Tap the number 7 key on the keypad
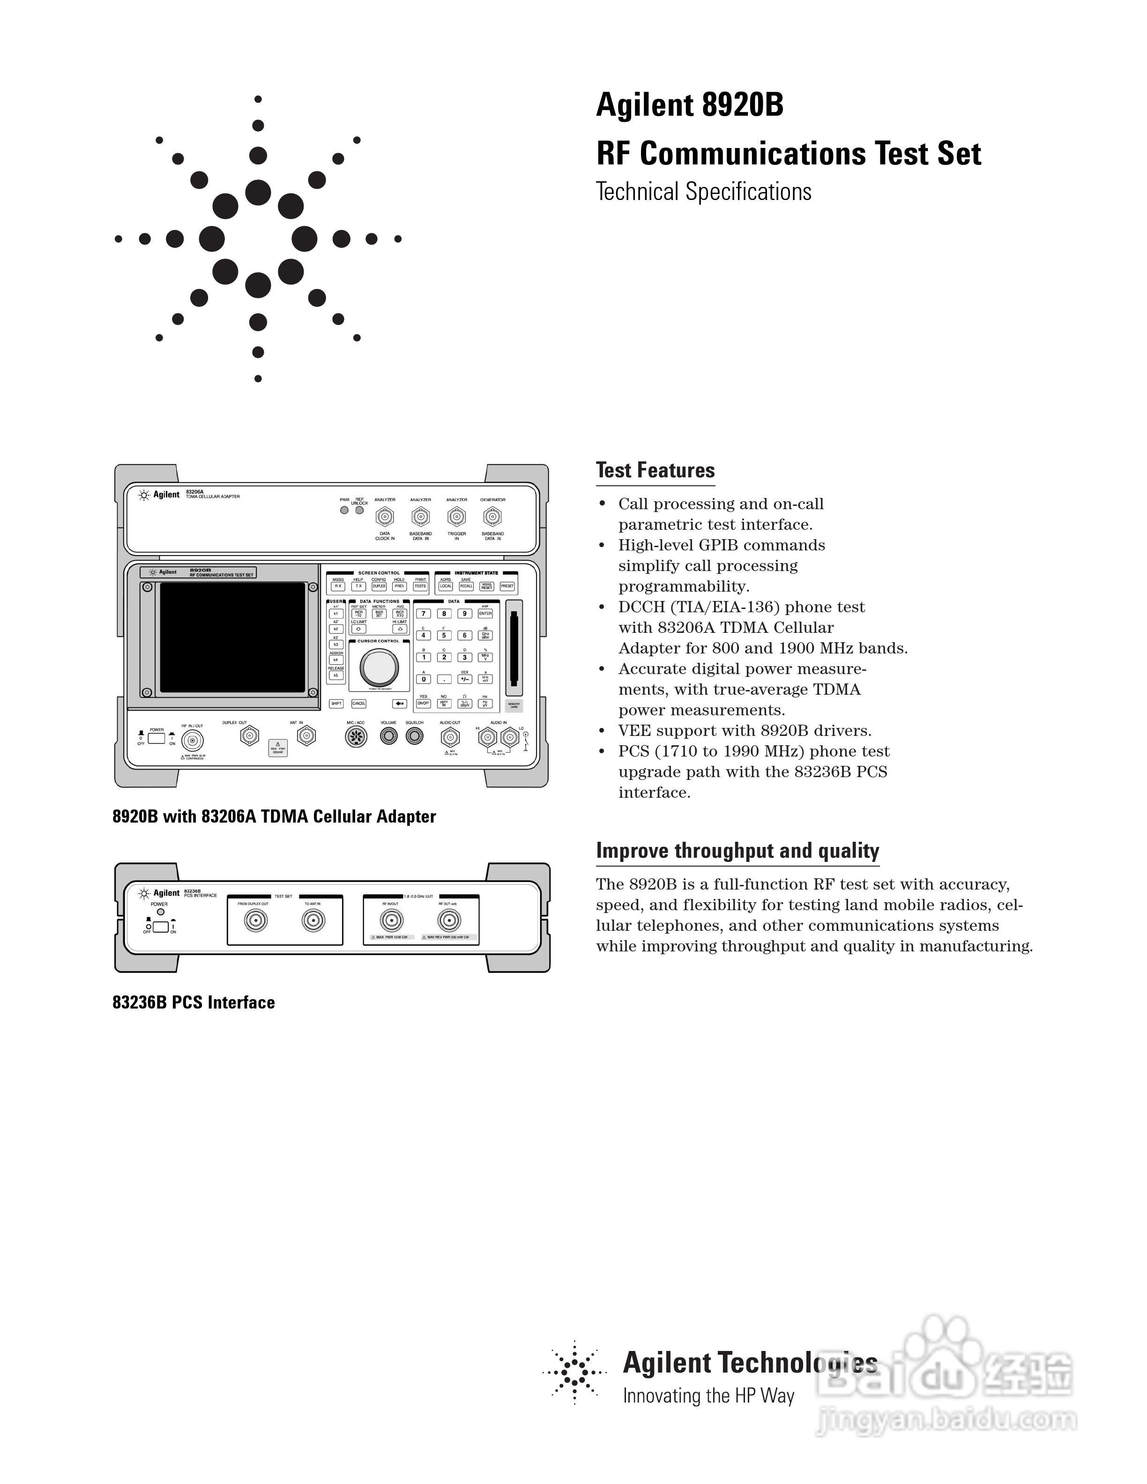pos(423,614)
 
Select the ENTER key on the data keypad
pos(484,614)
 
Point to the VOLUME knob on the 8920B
pos(389,736)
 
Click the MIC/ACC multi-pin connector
pos(355,736)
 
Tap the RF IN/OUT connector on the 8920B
pos(192,741)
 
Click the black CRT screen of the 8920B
pos(232,637)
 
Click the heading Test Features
pos(655,470)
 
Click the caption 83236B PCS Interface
pos(194,1003)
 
